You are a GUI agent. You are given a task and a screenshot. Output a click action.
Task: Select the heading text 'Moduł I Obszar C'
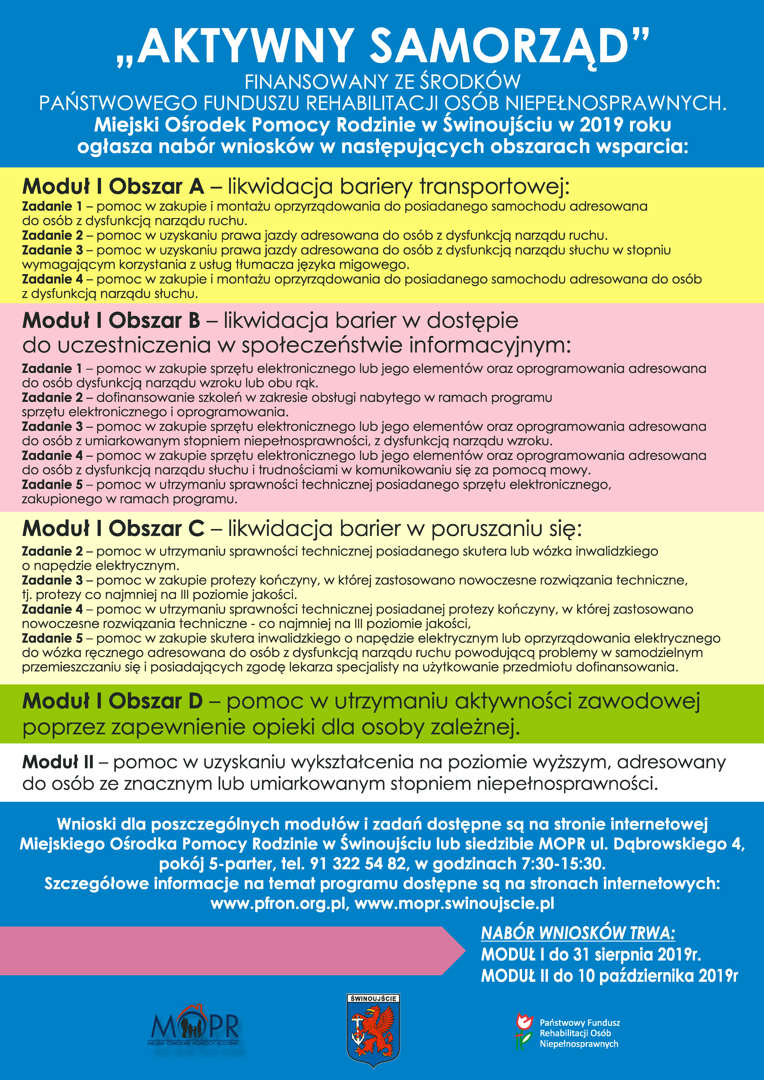point(113,529)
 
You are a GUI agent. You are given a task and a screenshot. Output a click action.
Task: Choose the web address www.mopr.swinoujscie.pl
point(455,903)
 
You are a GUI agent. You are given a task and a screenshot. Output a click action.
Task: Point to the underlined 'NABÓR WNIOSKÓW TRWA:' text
point(578,933)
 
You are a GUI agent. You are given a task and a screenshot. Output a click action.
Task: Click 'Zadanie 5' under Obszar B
point(52,485)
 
